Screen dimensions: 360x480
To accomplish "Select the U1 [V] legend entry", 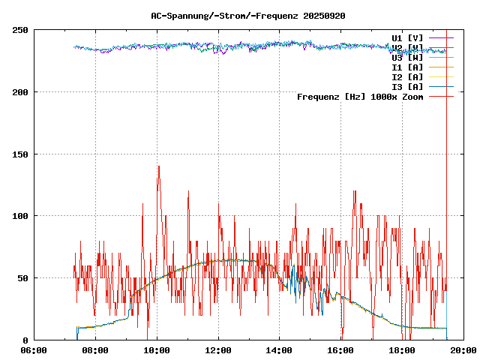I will (x=407, y=37).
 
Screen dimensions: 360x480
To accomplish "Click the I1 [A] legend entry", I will (x=407, y=67).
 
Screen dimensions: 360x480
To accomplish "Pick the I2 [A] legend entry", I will (x=407, y=76).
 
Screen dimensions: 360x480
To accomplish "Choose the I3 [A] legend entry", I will (x=407, y=86).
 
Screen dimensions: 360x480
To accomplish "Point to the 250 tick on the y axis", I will (x=20, y=30).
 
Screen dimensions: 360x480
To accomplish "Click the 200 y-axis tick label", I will (x=20, y=92).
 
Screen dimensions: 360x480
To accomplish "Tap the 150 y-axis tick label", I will (x=20, y=154).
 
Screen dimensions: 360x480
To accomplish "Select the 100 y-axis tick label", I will (x=20, y=216).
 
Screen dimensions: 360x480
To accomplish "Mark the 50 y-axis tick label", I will (x=22, y=278).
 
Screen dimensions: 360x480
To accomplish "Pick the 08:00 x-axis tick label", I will (x=95, y=349).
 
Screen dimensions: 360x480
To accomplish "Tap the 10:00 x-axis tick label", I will (x=157, y=349).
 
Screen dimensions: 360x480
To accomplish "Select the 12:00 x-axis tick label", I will (x=218, y=349).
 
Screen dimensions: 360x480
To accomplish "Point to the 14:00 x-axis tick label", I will (x=280, y=349).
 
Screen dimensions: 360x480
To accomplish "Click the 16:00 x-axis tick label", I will (x=341, y=349).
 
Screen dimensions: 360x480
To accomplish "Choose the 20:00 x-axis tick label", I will (x=464, y=349).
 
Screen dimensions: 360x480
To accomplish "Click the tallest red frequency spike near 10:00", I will (x=158, y=167).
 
